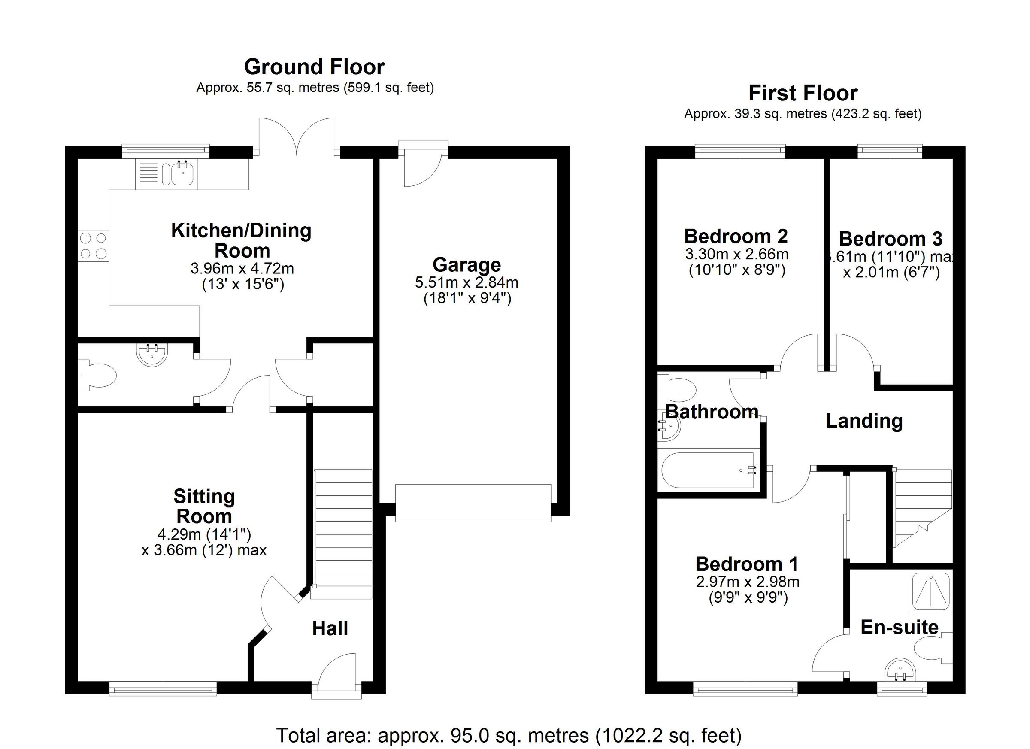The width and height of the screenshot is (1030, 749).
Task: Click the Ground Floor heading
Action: coord(314,67)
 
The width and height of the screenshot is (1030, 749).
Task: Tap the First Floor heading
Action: coord(803,94)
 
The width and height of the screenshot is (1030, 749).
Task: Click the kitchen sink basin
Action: coord(182,174)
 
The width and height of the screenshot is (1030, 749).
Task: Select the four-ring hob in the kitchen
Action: coord(94,246)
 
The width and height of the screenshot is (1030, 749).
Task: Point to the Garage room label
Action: coord(467,264)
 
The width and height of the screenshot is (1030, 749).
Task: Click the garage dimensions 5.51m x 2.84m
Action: coord(467,282)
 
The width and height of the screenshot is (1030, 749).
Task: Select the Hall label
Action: coord(330,629)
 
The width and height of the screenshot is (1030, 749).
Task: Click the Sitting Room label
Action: coord(204,506)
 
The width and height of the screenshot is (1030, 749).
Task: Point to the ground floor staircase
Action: coord(343,534)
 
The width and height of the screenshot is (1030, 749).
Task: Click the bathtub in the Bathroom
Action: coord(711,470)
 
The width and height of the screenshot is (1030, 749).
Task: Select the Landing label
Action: coord(864,421)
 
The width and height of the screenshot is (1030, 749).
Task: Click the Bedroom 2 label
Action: coord(736,237)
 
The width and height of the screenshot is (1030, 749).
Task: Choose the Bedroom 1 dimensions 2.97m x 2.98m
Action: coord(748,582)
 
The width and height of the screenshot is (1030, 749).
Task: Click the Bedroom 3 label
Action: coord(890,239)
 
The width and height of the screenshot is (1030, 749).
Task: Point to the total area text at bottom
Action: coord(509,735)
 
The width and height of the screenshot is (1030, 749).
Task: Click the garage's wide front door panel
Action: coord(473,503)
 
